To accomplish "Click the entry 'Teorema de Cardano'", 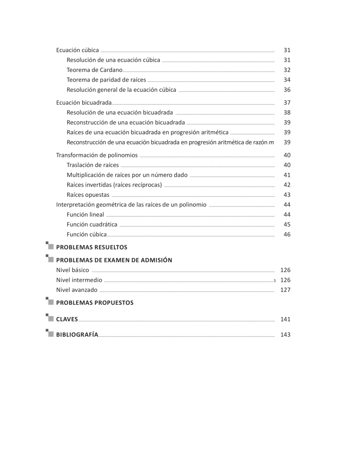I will [94, 70].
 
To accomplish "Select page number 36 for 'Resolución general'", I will [287, 90].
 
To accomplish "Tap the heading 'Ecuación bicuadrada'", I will [84, 103].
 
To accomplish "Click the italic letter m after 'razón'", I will [271, 142].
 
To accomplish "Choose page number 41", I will [287, 175].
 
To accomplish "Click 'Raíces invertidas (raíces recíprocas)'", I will [114, 185].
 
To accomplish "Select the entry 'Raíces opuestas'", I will [88, 195].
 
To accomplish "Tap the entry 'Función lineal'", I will [85, 215].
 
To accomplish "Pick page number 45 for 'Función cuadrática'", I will [287, 225].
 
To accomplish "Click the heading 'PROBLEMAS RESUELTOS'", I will [92, 247].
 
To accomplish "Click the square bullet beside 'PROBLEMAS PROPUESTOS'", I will [50, 302].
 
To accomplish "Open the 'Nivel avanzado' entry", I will [77, 290].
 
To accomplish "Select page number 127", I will [285, 290].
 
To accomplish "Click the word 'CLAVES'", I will [67, 319].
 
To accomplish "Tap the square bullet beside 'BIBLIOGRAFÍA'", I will [50, 334].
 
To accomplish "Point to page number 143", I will [285, 335].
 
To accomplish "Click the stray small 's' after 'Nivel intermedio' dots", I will [275, 281].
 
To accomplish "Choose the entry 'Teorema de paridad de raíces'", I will [106, 80].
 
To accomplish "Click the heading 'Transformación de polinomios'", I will [97, 155].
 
